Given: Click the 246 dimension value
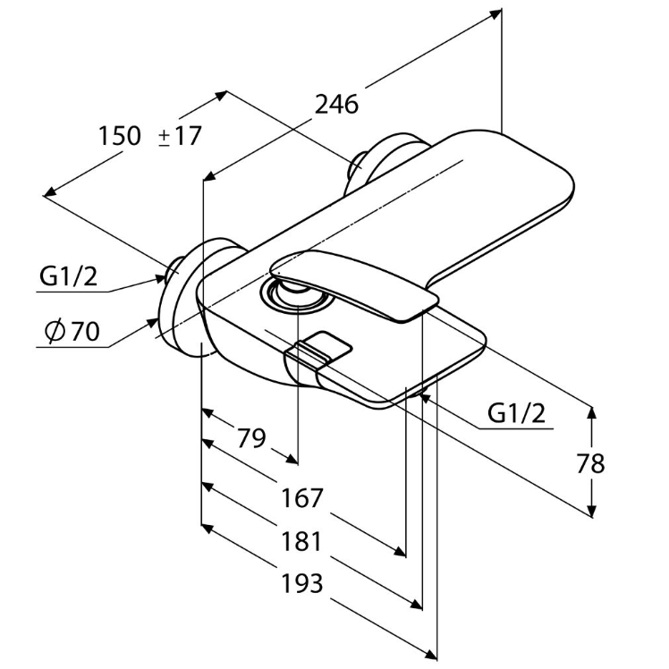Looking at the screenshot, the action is click(x=336, y=105).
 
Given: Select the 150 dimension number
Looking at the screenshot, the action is click(x=120, y=136).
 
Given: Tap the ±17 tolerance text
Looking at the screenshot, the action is click(x=180, y=136).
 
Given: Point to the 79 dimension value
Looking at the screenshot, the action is click(x=251, y=437).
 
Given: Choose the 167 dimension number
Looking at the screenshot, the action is click(x=302, y=498).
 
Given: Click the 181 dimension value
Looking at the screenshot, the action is click(x=301, y=541).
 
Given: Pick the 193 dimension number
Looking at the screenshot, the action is click(x=301, y=583).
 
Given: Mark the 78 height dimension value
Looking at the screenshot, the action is click(x=590, y=463).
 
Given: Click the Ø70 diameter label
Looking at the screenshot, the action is click(x=72, y=331).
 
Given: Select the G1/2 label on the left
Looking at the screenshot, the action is click(x=68, y=276).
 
